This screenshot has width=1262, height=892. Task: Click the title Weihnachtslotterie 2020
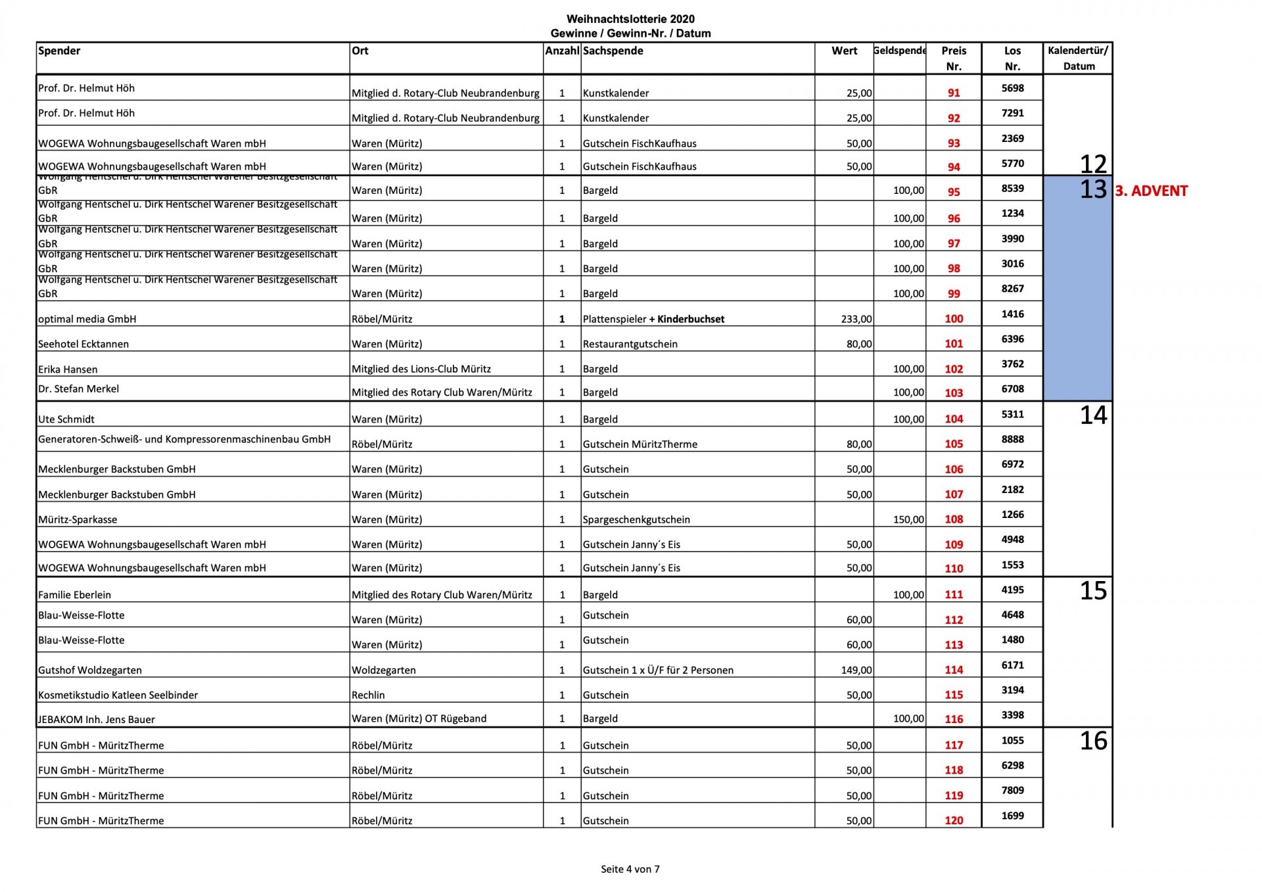pyautogui.click(x=630, y=20)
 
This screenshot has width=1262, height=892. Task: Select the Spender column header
pyautogui.click(x=59, y=51)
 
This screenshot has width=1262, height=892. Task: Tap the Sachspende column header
pyautogui.click(x=613, y=51)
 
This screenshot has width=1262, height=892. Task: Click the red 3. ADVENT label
pyautogui.click(x=1151, y=191)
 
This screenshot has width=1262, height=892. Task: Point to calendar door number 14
pyautogui.click(x=1093, y=415)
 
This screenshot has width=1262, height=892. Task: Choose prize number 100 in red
pyautogui.click(x=954, y=319)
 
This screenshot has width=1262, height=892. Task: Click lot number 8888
pyautogui.click(x=1012, y=439)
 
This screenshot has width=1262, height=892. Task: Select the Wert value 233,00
pyautogui.click(x=856, y=319)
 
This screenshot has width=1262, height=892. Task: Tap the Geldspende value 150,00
pyautogui.click(x=908, y=520)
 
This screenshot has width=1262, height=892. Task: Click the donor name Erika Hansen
pyautogui.click(x=68, y=369)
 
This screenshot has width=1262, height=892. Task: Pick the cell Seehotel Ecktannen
pyautogui.click(x=83, y=344)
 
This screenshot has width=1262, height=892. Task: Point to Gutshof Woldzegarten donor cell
pyautogui.click(x=90, y=670)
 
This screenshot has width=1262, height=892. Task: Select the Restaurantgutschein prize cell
pyautogui.click(x=630, y=344)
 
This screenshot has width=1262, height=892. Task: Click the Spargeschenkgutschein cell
pyautogui.click(x=636, y=520)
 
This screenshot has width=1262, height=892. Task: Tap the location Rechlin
pyautogui.click(x=368, y=695)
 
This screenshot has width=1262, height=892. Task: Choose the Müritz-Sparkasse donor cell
pyautogui.click(x=78, y=520)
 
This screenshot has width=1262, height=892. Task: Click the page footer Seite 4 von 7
pyautogui.click(x=630, y=869)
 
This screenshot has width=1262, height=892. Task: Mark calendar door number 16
pyautogui.click(x=1093, y=741)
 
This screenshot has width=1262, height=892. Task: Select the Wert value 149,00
pyautogui.click(x=856, y=670)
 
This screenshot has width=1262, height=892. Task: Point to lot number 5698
pyautogui.click(x=1012, y=88)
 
